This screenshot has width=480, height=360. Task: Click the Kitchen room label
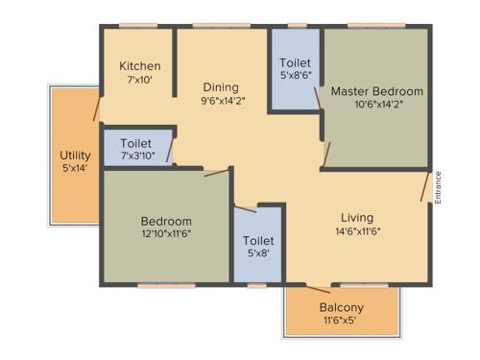[x=139, y=66]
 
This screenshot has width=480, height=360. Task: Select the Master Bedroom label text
[x=377, y=91]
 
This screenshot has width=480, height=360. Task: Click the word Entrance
[x=438, y=187]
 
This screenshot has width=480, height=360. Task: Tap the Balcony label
[x=341, y=307]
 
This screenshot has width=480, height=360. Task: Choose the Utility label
[x=75, y=155]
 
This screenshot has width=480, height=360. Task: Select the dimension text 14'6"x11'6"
[x=357, y=230]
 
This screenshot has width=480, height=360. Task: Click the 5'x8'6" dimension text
[x=296, y=75]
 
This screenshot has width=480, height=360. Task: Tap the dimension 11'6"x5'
[x=341, y=321]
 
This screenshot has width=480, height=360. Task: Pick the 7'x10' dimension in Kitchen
[x=139, y=80]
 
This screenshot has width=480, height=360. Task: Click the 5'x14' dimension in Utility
[x=75, y=168]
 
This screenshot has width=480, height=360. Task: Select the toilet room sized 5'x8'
[x=258, y=247]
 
